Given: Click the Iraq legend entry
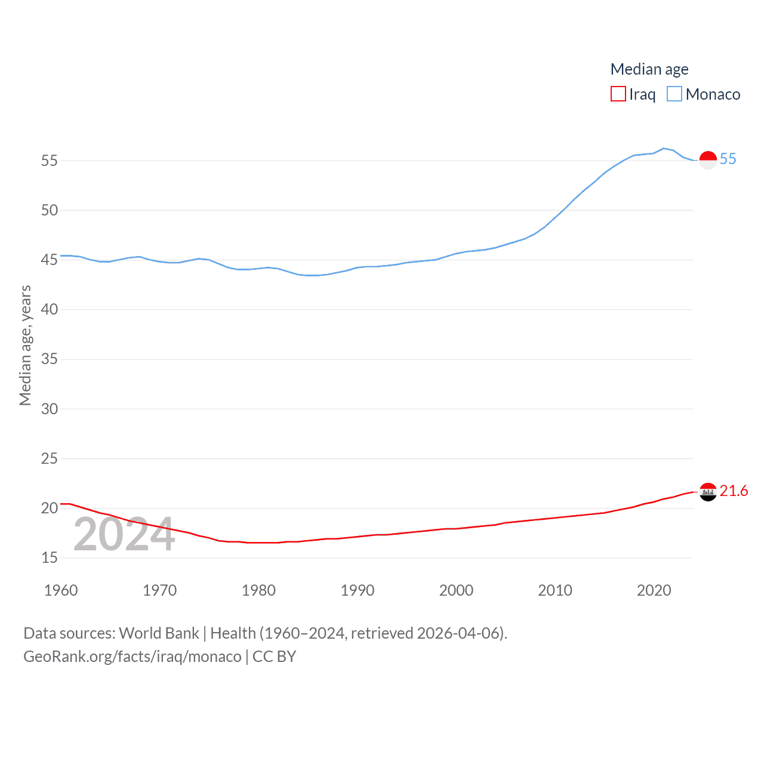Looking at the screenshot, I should coord(633,94).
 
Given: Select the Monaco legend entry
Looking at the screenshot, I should coord(704,94).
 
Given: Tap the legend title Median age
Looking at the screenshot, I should coord(649,69).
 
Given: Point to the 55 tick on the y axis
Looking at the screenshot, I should coord(50,161).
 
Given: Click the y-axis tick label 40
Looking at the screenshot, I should coord(50,309).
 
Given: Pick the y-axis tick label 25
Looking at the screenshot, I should coord(50,458).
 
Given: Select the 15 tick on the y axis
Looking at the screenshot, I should coord(50,557).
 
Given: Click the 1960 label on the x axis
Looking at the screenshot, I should coord(61,590).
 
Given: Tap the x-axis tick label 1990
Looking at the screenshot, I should coord(358,590).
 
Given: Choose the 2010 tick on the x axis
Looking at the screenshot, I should coord(555,590).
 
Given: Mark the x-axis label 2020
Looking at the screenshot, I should coord(654,590).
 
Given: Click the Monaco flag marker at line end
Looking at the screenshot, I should coord(708,160).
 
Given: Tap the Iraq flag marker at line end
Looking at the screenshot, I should coord(708,492).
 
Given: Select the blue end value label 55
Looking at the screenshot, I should coord(728,159).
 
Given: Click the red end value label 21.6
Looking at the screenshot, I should coord(734,491).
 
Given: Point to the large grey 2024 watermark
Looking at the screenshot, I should coord(124,534).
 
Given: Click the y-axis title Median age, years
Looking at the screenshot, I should coord(25,346).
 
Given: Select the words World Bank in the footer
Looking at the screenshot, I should coord(159,633).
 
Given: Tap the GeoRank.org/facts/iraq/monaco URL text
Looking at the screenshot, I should coord(133,657).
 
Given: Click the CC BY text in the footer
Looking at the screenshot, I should coord(275,657).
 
